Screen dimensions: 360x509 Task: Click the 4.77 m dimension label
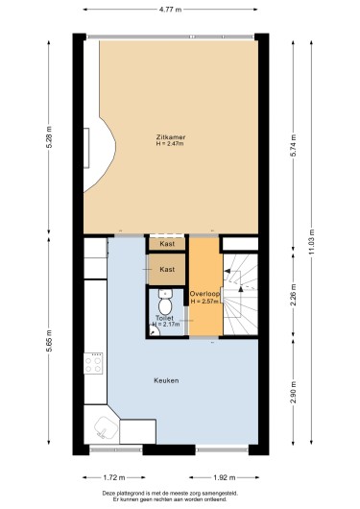click(x=171, y=10)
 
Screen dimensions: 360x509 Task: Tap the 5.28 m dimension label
click(x=49, y=136)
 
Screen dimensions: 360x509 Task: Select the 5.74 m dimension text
click(x=293, y=145)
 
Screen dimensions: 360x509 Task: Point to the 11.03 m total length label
click(x=312, y=241)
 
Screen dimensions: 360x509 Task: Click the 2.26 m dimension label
click(x=293, y=295)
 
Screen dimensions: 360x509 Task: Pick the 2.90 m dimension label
click(x=293, y=392)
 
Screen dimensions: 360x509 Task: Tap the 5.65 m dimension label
click(x=49, y=341)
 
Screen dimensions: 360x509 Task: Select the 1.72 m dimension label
click(x=114, y=477)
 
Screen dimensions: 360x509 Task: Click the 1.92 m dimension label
click(x=225, y=477)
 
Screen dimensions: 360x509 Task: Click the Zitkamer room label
click(x=171, y=137)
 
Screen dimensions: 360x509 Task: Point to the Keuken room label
click(x=166, y=380)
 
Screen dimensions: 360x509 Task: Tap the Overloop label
click(x=204, y=294)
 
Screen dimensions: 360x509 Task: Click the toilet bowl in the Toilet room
click(x=165, y=303)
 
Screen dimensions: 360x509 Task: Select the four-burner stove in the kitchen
click(x=93, y=363)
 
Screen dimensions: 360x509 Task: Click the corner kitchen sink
click(x=106, y=427)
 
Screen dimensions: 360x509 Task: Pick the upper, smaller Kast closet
click(x=167, y=244)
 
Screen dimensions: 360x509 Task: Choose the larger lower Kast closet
click(x=167, y=269)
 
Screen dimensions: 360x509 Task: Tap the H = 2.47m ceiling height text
click(x=170, y=143)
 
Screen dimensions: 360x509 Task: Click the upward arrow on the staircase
click(x=241, y=289)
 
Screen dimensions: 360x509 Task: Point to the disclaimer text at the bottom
click(x=170, y=497)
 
